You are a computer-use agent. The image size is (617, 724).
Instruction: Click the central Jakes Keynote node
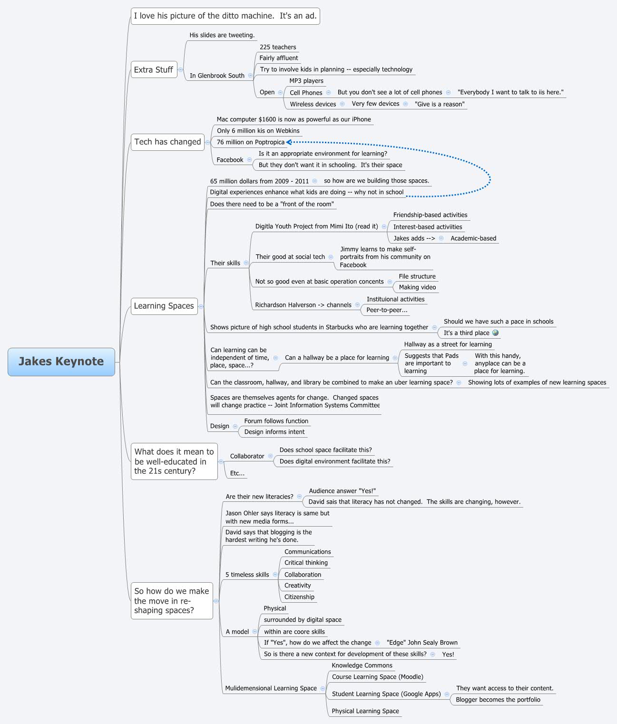(x=61, y=362)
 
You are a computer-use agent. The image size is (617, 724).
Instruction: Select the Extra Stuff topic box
(x=154, y=70)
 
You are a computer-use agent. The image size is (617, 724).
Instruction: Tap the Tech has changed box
(x=167, y=142)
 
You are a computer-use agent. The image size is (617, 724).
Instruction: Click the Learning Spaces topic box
(x=164, y=306)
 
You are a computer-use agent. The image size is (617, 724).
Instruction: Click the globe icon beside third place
(x=495, y=333)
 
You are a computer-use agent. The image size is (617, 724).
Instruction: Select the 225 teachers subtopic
(x=278, y=47)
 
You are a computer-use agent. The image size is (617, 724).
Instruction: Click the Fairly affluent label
(x=279, y=58)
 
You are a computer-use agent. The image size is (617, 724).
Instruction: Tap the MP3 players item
(x=306, y=81)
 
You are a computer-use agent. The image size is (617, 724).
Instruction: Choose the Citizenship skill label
(x=299, y=597)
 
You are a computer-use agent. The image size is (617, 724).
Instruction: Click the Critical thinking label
(x=306, y=563)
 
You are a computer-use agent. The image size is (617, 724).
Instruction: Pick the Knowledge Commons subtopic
(x=362, y=665)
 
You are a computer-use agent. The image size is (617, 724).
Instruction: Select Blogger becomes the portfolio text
(x=498, y=700)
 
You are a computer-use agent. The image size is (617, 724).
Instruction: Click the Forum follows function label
(x=276, y=421)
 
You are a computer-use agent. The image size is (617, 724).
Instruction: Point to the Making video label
(x=417, y=287)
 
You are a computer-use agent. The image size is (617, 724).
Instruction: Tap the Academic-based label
(x=473, y=238)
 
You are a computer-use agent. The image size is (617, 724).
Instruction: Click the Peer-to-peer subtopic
(x=387, y=310)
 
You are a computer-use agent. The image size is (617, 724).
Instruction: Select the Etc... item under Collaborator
(x=237, y=473)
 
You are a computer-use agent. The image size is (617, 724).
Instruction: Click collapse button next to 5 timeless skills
(x=275, y=575)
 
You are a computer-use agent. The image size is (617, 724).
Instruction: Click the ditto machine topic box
(x=225, y=16)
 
